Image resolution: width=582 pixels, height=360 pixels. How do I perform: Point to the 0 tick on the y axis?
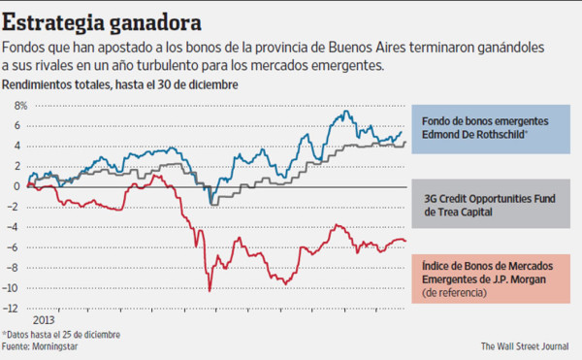pyautogui.click(x=16, y=186)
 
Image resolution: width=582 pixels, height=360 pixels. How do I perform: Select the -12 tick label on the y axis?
pyautogui.click(x=14, y=309)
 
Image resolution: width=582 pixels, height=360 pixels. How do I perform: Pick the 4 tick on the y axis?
pyautogui.click(x=16, y=146)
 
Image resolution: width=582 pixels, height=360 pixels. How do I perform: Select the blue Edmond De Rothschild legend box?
pyautogui.click(x=494, y=128)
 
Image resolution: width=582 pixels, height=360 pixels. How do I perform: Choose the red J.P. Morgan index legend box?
pyautogui.click(x=494, y=281)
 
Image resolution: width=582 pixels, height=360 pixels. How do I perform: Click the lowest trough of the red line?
pyautogui.click(x=210, y=290)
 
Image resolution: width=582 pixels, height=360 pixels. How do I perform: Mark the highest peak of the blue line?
pyautogui.click(x=346, y=113)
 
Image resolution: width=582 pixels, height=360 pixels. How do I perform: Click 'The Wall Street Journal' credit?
pyautogui.click(x=528, y=345)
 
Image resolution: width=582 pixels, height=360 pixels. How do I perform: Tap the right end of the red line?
pyautogui.click(x=406, y=242)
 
